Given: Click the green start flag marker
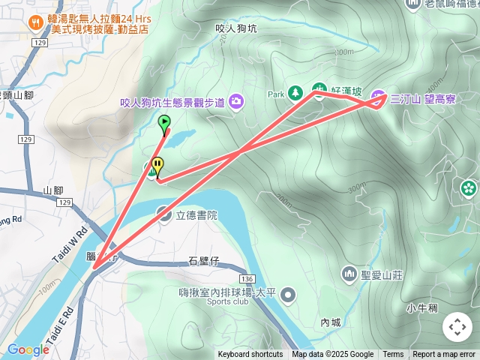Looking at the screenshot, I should click(164, 122).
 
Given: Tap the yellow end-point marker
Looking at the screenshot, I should click(157, 164).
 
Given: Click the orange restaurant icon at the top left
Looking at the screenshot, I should click(35, 23).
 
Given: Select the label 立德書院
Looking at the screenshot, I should click(197, 214).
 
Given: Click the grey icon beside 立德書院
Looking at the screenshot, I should click(164, 214).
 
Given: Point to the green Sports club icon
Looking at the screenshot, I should click(288, 296).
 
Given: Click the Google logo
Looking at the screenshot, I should click(28, 349).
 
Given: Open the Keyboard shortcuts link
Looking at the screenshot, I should click(250, 355).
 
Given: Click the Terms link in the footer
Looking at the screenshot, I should click(393, 355).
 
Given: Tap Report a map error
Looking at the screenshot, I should click(444, 355).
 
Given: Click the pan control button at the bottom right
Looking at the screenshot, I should click(457, 327).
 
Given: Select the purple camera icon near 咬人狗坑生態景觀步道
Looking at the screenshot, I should click(237, 100).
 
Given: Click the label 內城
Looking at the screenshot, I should click(331, 322).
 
